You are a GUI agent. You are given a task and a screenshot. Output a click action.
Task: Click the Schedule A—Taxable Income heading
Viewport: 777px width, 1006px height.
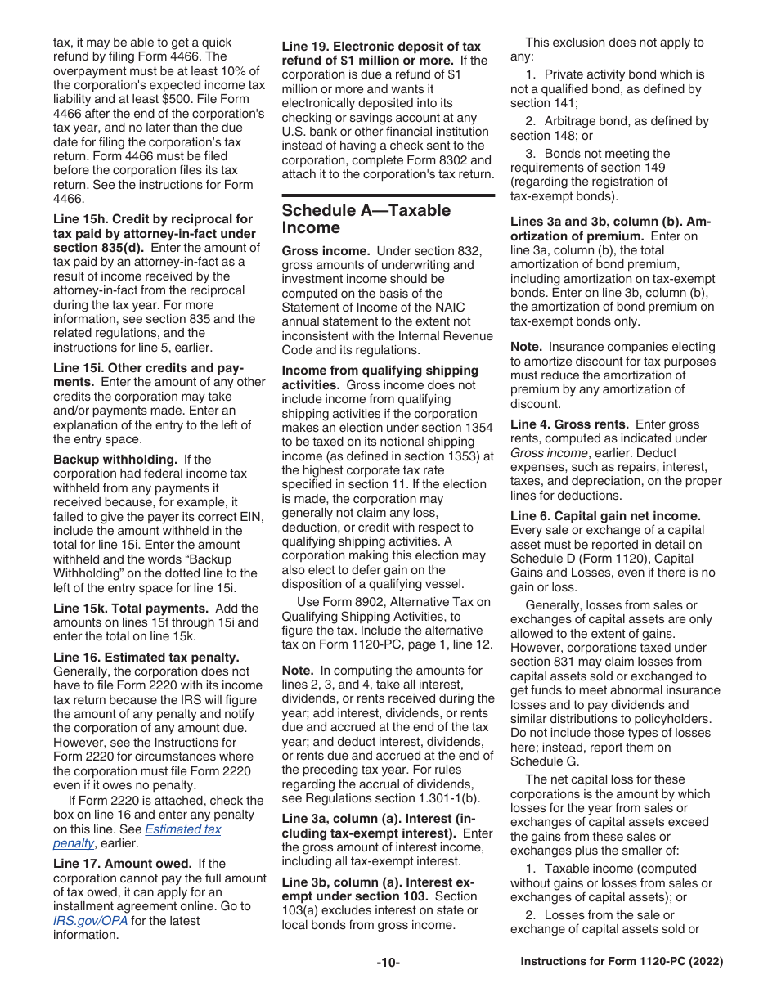click(x=366, y=218)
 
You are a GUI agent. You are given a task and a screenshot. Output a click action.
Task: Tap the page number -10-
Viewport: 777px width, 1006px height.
click(x=388, y=963)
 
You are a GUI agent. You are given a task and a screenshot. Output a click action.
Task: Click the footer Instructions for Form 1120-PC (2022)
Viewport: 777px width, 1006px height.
click(x=622, y=963)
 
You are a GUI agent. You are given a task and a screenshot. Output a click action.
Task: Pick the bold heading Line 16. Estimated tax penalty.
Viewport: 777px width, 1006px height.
click(x=146, y=658)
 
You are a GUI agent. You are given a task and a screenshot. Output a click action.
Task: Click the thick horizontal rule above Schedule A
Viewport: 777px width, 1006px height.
click(x=388, y=195)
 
